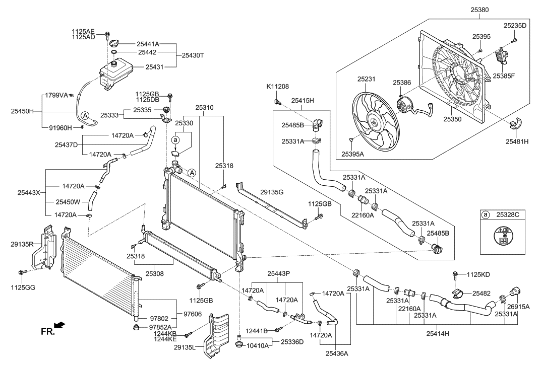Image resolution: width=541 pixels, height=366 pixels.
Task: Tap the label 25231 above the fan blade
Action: [x=368, y=79]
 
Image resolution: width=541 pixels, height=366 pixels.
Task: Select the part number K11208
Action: [x=277, y=87]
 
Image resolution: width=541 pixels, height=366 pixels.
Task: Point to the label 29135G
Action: [x=272, y=192]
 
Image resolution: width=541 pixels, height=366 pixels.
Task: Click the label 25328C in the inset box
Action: [x=508, y=215]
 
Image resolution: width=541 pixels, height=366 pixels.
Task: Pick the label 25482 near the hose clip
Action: [x=483, y=292]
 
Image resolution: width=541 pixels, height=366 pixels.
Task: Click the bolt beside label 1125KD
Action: [x=455, y=275]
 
